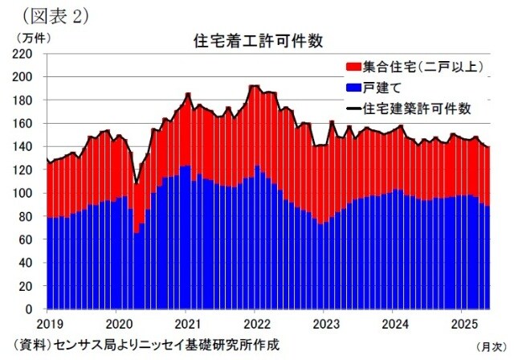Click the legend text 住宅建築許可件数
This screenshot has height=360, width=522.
[417, 108]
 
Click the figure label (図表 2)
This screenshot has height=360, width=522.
[52, 14]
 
